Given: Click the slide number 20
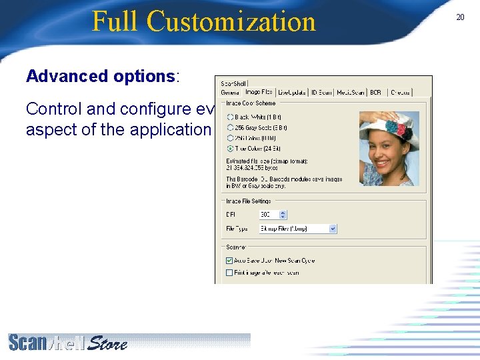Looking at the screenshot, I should pyautogui.click(x=460, y=17).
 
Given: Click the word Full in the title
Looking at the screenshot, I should pyautogui.click(x=116, y=21).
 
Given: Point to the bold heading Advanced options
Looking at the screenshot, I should pyautogui.click(x=100, y=76).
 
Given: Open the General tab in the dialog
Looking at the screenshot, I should pyautogui.click(x=230, y=92).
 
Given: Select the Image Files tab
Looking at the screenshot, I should pyautogui.click(x=259, y=92).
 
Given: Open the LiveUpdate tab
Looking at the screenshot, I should pyautogui.click(x=292, y=92).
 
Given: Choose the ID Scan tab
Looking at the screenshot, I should pyautogui.click(x=321, y=92).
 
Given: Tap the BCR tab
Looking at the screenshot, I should pyautogui.click(x=376, y=92).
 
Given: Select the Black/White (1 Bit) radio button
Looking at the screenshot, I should pyautogui.click(x=231, y=117).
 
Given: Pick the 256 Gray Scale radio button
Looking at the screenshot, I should pyautogui.click(x=231, y=127).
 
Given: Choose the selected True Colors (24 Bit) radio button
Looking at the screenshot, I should pyautogui.click(x=231, y=148).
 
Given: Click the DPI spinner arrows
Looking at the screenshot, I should pyautogui.click(x=283, y=215).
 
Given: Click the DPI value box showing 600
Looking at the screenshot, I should pyautogui.click(x=268, y=215).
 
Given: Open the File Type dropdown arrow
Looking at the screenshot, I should pyautogui.click(x=333, y=229).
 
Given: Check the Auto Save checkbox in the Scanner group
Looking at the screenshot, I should pyautogui.click(x=230, y=261).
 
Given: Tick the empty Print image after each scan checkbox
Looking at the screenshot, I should pyautogui.click(x=230, y=272).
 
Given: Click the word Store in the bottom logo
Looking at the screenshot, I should pyautogui.click(x=107, y=343).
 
